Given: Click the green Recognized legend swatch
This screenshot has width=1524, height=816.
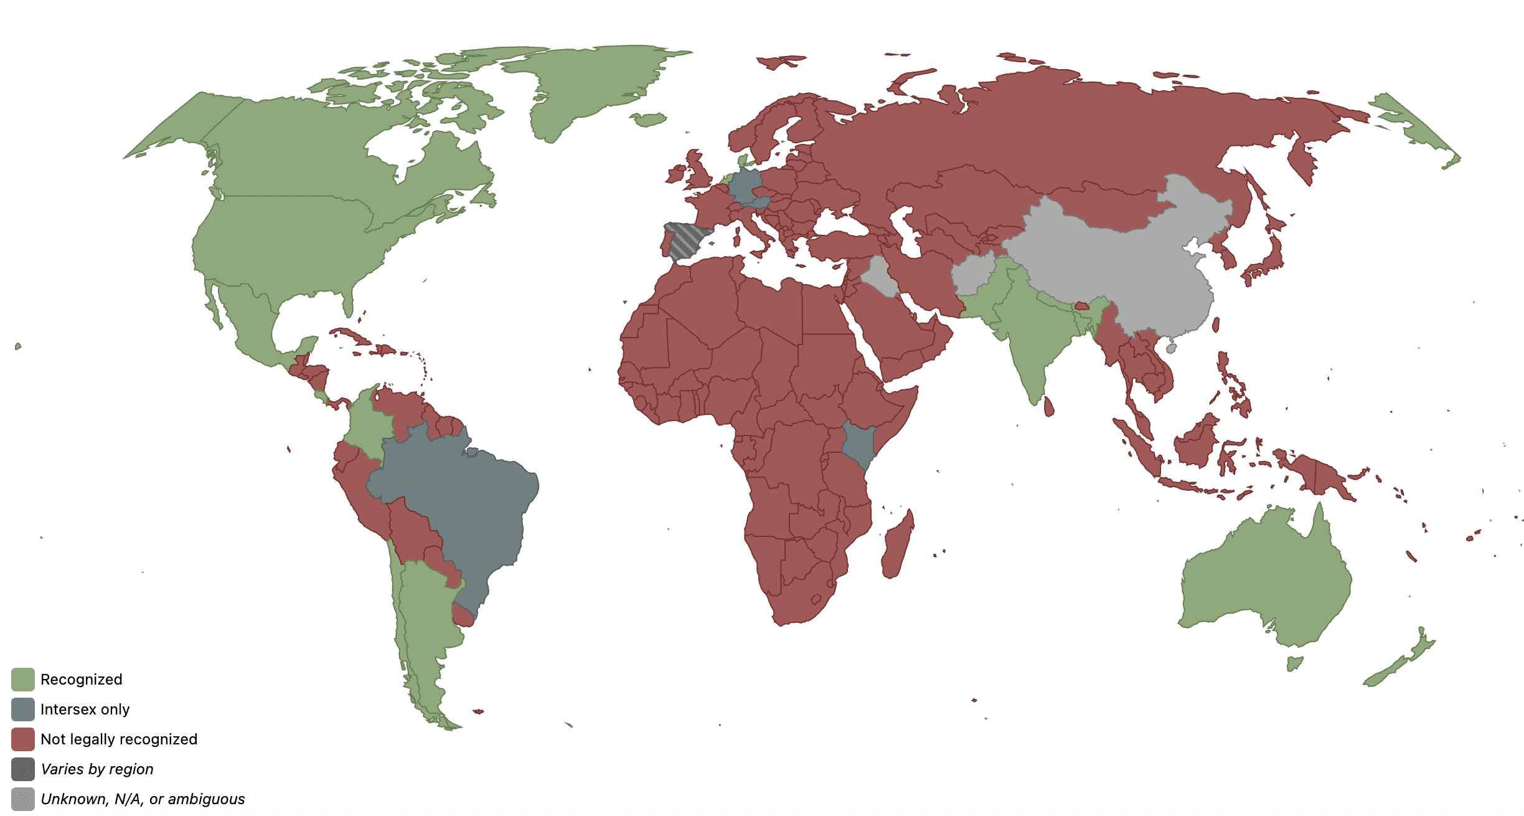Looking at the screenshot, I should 23,680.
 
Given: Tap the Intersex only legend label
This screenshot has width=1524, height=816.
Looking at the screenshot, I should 85,709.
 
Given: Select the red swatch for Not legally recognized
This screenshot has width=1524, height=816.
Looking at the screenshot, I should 23,739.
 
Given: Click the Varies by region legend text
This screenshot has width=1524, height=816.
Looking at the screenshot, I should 96,769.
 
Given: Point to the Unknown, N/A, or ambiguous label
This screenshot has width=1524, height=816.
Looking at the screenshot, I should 143,799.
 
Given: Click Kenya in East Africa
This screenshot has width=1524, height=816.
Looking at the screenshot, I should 858,444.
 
